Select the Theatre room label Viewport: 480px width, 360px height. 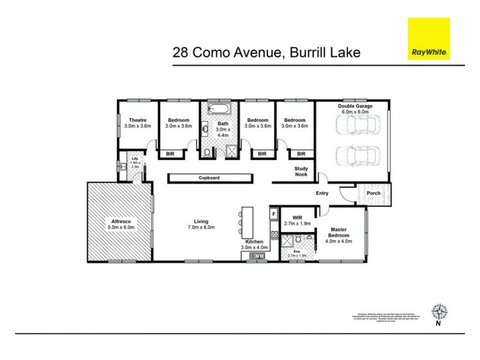(x=137, y=120)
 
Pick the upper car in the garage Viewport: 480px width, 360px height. (x=358, y=125)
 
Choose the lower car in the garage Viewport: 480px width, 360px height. (x=358, y=155)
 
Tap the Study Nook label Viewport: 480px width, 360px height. (x=301, y=172)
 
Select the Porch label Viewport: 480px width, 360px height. (x=373, y=193)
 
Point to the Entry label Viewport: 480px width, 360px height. (x=322, y=193)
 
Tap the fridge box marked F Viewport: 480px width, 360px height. (x=274, y=214)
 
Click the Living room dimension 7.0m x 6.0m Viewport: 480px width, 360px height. (x=201, y=227)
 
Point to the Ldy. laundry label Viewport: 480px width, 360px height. (x=135, y=158)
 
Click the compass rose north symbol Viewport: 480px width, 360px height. (x=439, y=312)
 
